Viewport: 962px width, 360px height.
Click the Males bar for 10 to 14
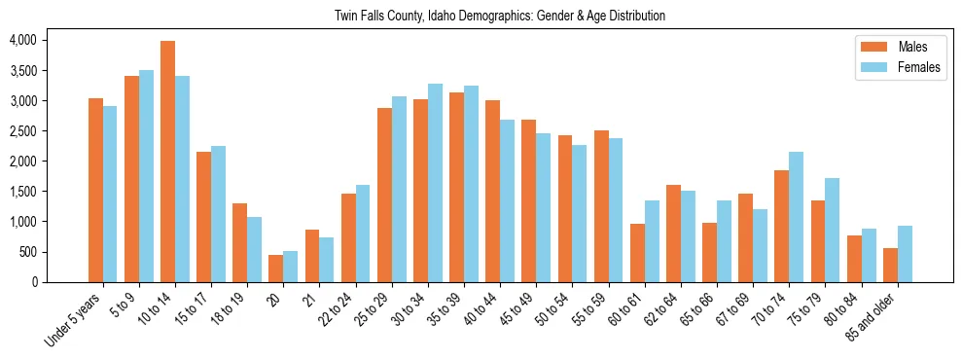coord(168,162)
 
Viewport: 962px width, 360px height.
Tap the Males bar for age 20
coord(276,269)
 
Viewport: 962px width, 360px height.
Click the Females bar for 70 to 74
coord(797,217)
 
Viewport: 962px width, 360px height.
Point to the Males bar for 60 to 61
coord(637,253)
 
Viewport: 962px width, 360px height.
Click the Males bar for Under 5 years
coord(95,190)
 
